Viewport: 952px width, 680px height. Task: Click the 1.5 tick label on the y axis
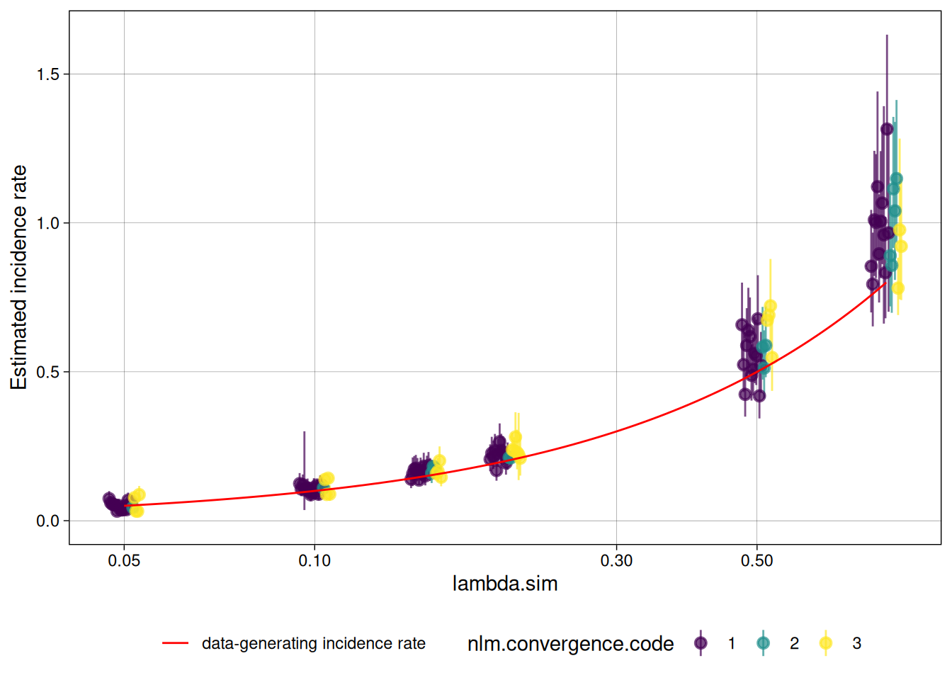click(48, 74)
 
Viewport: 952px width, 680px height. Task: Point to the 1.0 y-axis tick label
click(48, 223)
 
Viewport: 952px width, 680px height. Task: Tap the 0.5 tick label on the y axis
click(48, 372)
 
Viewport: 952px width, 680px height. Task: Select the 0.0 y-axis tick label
click(48, 521)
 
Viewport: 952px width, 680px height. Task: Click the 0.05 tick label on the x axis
click(124, 561)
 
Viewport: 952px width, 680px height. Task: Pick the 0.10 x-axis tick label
click(314, 561)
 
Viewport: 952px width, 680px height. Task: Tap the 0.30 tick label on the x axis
click(616, 561)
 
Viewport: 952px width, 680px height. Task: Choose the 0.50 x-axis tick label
click(756, 561)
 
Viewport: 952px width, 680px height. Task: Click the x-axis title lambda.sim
click(505, 584)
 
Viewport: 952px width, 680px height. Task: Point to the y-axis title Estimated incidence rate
click(19, 278)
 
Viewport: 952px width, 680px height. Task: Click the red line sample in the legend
click(175, 643)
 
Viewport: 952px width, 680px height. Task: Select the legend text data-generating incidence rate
click(314, 643)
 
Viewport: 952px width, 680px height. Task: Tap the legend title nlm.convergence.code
click(570, 643)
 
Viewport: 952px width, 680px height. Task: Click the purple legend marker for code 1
click(701, 643)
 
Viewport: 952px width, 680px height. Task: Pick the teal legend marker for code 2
click(763, 643)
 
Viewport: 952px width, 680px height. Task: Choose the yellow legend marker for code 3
click(825, 643)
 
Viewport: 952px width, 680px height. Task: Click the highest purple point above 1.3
click(887, 129)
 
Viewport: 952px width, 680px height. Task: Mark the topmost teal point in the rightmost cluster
click(896, 178)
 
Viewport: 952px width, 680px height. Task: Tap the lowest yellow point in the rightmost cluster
click(898, 288)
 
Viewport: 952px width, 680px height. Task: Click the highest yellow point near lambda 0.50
click(770, 306)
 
